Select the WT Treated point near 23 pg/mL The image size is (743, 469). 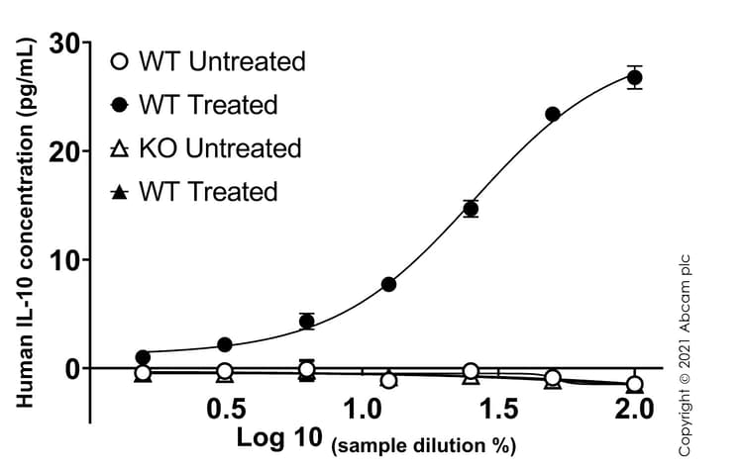pos(553,114)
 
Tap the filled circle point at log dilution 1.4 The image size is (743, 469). pos(471,208)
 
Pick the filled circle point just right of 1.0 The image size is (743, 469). pos(388,284)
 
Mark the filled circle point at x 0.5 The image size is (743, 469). pos(225,344)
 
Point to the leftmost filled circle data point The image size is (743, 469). pos(143,356)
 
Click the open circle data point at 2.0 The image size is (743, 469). pos(635,384)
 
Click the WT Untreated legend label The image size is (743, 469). pos(222,61)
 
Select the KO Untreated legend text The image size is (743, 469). pos(219,148)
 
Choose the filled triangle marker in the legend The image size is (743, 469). pos(119,192)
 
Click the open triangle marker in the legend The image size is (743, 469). pos(119,148)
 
